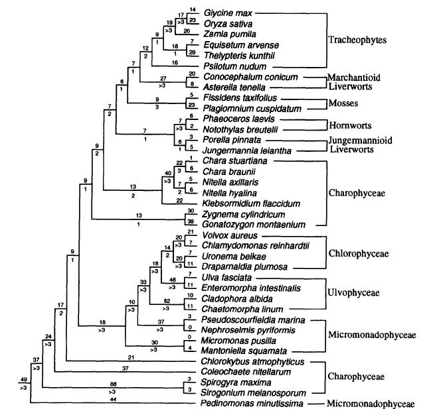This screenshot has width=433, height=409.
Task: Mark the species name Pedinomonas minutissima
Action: click(247, 403)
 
